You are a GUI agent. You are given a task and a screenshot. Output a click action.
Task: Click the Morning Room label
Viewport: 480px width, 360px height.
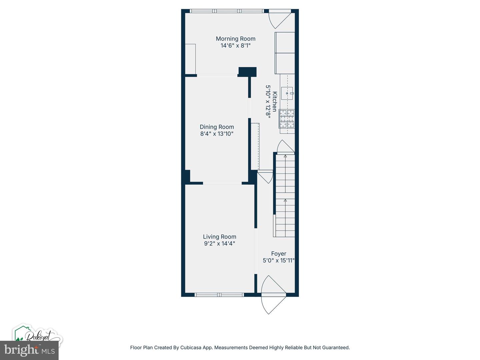click(236, 39)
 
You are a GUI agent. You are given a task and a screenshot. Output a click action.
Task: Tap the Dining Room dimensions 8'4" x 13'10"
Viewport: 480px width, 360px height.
click(217, 134)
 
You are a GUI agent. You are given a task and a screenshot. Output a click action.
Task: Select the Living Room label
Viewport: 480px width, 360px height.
click(220, 237)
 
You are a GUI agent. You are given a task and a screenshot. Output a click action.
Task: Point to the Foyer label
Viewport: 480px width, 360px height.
click(279, 254)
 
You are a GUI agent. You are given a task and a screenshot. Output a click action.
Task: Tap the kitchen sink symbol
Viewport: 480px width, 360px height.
click(287, 93)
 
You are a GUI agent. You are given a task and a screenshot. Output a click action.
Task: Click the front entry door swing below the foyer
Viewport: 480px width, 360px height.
click(273, 295)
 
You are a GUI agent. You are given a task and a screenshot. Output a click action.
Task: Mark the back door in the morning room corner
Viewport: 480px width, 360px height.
click(279, 19)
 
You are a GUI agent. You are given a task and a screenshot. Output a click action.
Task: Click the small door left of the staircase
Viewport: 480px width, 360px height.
click(265, 177)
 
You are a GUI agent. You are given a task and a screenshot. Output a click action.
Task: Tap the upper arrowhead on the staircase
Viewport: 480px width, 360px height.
click(285, 156)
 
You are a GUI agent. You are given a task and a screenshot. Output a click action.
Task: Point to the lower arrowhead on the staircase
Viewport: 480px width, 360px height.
click(285, 200)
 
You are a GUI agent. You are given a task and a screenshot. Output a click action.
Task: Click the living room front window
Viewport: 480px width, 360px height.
click(219, 295)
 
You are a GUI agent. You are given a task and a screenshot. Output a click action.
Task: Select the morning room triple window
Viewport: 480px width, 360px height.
click(227, 11)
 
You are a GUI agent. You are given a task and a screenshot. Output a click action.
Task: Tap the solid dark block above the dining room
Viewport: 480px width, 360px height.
click(247, 72)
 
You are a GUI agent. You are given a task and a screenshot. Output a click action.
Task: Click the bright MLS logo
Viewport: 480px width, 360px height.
click(29, 350)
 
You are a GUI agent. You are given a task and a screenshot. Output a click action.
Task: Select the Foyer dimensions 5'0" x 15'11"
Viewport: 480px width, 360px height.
click(279, 261)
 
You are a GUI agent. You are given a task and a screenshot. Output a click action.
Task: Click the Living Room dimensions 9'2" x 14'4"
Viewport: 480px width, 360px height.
click(220, 243)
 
